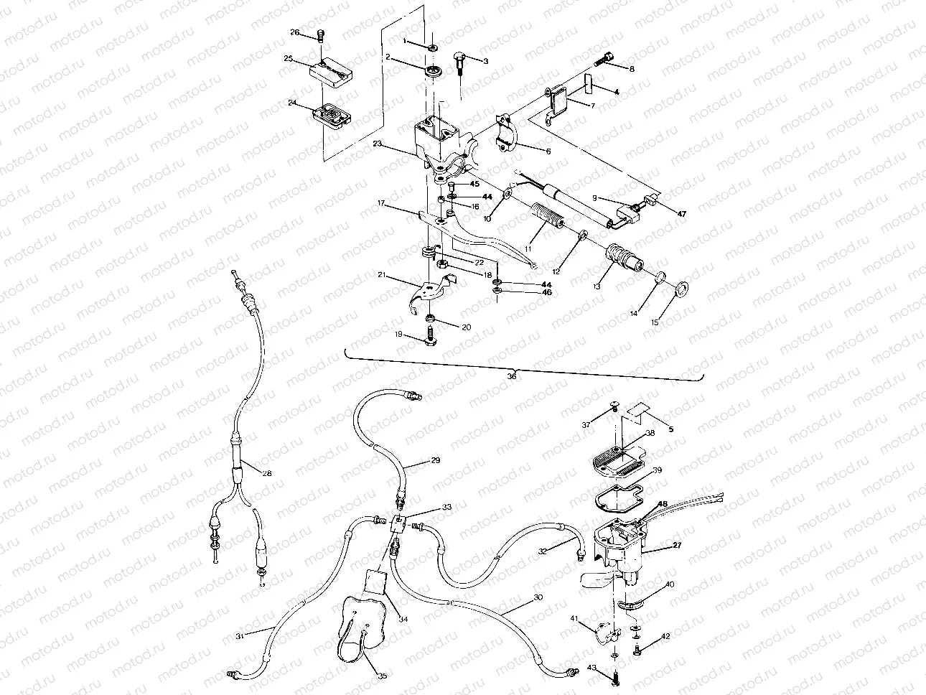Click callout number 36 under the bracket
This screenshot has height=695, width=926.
click(x=511, y=375)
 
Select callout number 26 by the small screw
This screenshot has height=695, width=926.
click(x=294, y=32)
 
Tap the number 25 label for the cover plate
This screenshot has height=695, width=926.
click(x=288, y=59)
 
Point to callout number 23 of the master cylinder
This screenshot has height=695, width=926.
click(x=377, y=144)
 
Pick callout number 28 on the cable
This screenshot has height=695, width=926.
click(x=246, y=472)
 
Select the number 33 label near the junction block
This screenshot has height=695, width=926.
click(x=447, y=507)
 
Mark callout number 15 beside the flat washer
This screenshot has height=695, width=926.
click(x=654, y=323)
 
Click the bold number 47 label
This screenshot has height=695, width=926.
click(x=681, y=214)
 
